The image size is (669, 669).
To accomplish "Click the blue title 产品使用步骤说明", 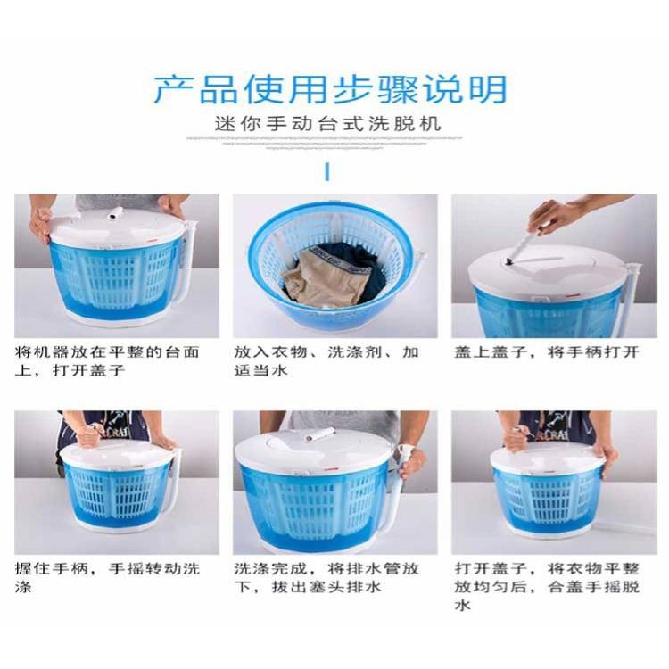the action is (330, 89).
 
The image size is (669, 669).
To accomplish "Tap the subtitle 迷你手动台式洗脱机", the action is (327, 124).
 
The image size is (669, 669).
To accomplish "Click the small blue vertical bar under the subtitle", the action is (326, 171).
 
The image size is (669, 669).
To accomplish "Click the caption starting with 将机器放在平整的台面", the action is (107, 361).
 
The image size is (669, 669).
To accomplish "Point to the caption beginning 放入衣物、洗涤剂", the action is (326, 361).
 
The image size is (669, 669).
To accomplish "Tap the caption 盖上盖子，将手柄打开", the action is (547, 352).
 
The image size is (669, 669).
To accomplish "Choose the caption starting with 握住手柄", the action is (107, 578).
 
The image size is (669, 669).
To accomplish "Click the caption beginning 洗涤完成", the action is (326, 578).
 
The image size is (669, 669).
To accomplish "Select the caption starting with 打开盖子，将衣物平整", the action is (547, 587).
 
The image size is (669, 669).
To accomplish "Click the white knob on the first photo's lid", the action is (114, 213).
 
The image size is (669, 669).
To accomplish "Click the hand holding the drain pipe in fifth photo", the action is (410, 462).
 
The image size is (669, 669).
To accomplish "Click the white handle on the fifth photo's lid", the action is (317, 435).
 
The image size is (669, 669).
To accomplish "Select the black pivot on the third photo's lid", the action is (508, 263).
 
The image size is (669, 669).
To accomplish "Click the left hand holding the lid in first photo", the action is (41, 224).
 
